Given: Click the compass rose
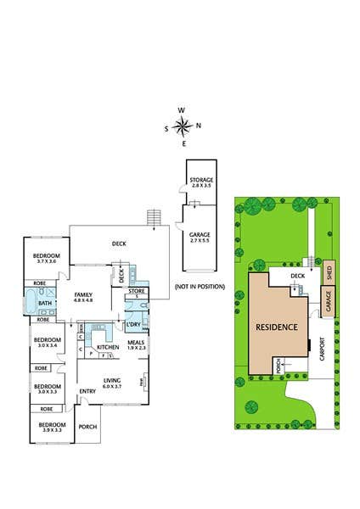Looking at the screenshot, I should pyautogui.click(x=182, y=127).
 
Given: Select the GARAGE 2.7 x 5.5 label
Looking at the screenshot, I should pyautogui.click(x=201, y=238).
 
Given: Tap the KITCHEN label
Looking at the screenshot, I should pyautogui.click(x=107, y=348).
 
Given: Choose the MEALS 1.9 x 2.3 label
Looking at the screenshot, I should pyautogui.click(x=136, y=345).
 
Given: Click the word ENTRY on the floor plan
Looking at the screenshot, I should pyautogui.click(x=87, y=391).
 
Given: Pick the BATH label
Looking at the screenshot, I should pyautogui.click(x=46, y=303).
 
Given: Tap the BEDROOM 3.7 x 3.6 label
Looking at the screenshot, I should pyautogui.click(x=47, y=259).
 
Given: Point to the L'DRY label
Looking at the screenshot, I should pyautogui.click(x=133, y=326).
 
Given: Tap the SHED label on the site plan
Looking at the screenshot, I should pyautogui.click(x=330, y=272).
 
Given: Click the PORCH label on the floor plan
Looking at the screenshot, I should pyautogui.click(x=88, y=428).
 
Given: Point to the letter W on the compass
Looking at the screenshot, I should pyautogui.click(x=182, y=109).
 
